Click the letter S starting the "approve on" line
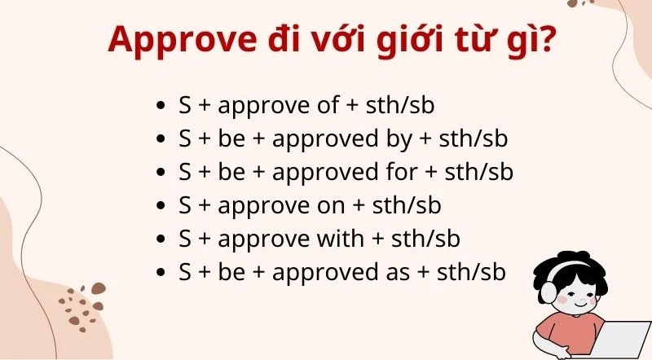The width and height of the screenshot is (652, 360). tap(185, 205)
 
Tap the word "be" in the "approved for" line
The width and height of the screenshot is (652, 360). tap(231, 172)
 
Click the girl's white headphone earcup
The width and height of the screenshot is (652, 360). tap(544, 292)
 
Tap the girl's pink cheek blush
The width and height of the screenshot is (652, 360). tap(562, 299)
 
